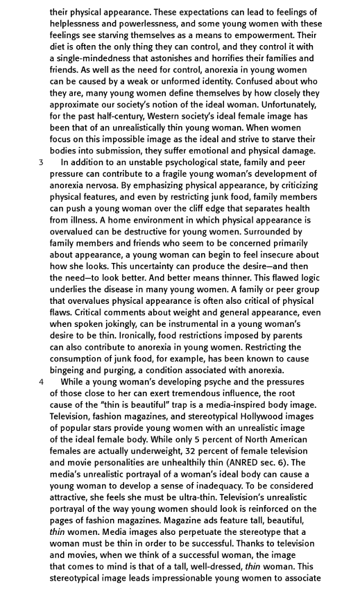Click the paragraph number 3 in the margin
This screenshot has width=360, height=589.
(41, 162)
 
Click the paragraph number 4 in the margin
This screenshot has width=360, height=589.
(41, 382)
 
